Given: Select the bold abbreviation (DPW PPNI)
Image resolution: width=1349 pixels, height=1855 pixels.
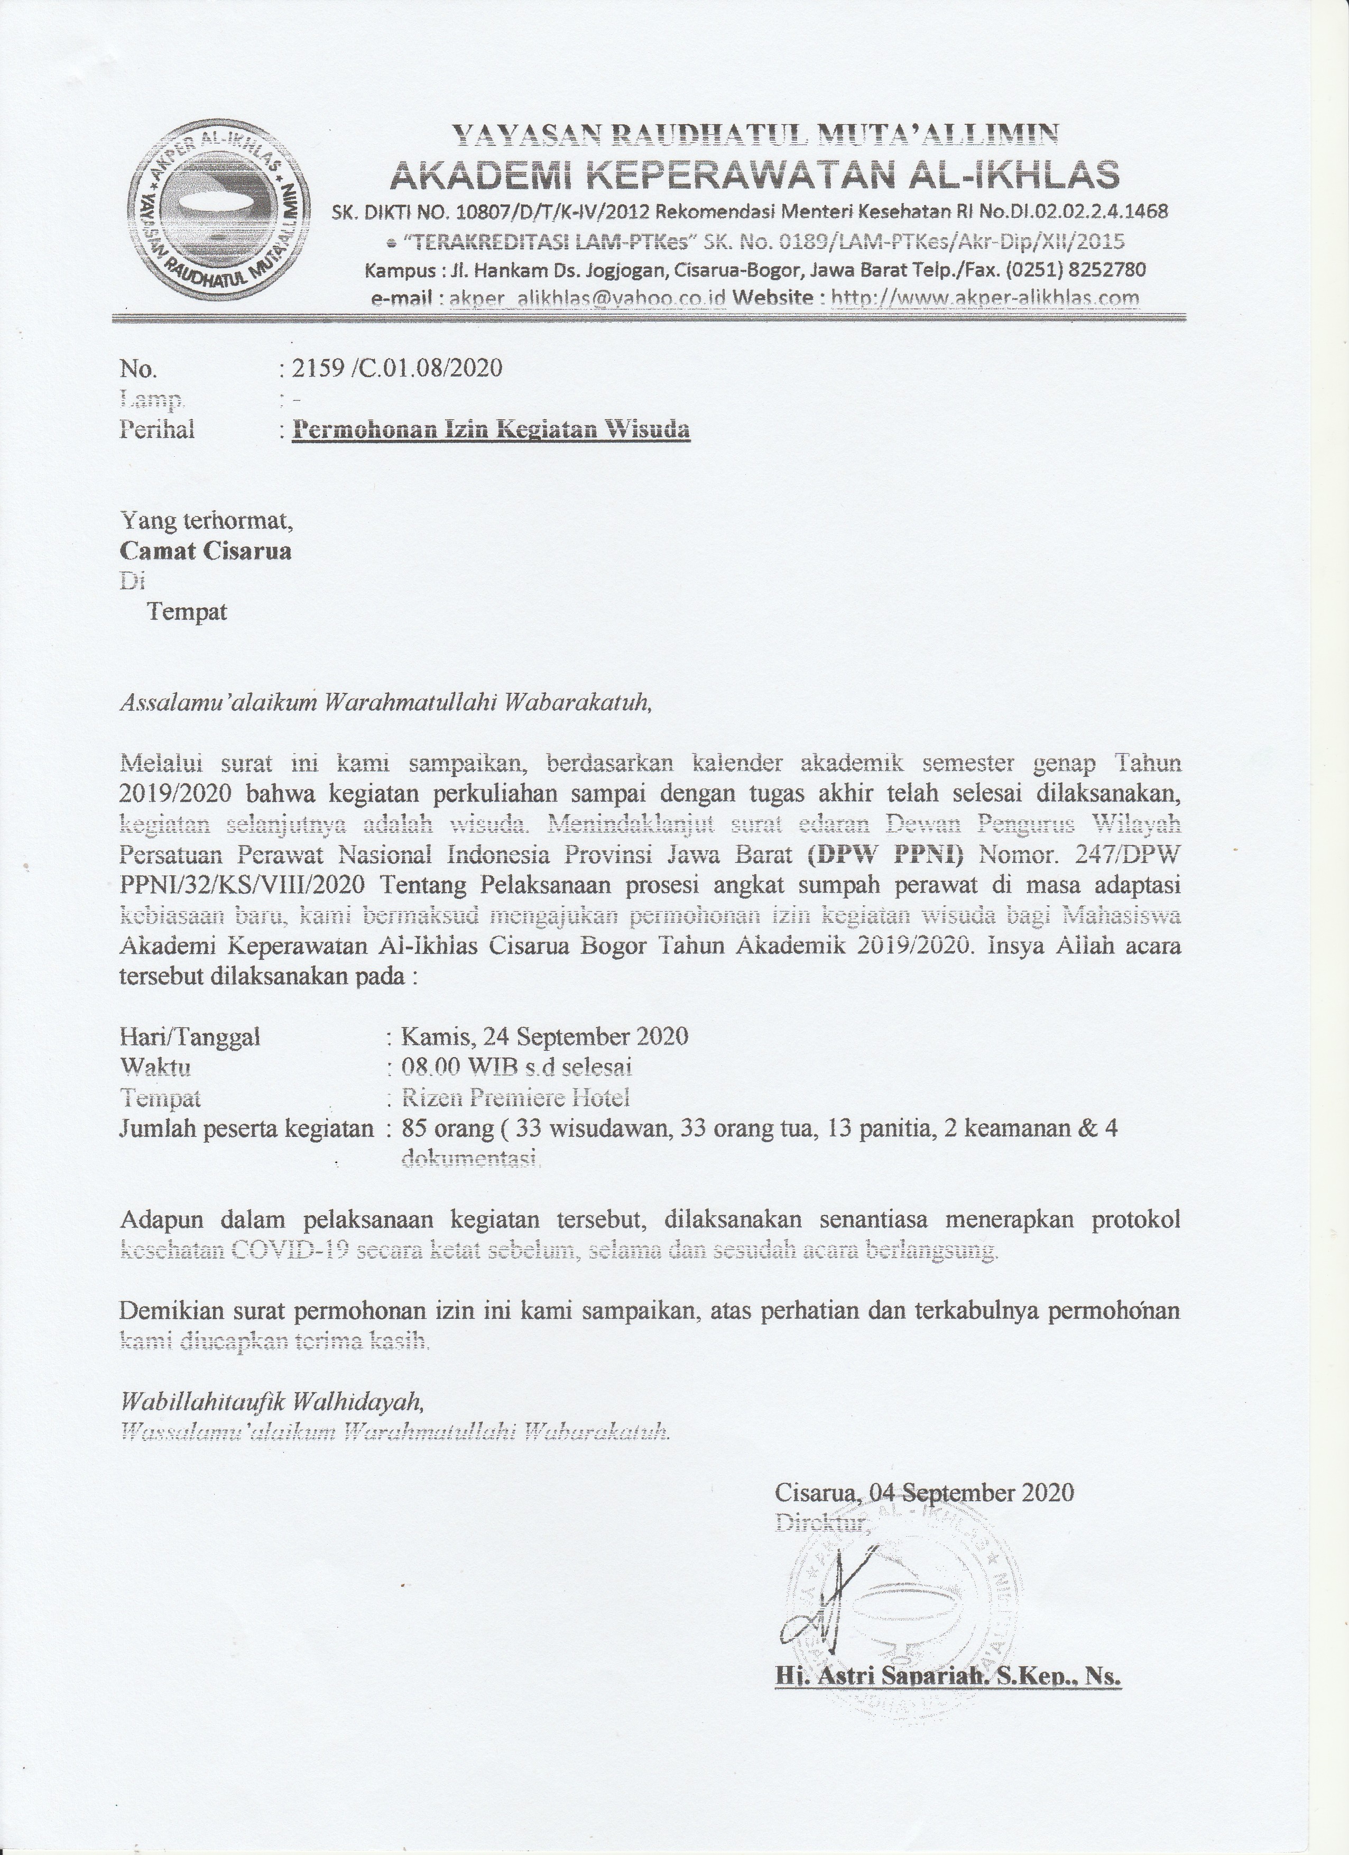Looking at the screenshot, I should (x=885, y=855).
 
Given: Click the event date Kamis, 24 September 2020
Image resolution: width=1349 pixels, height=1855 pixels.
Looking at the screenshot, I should (x=544, y=1037).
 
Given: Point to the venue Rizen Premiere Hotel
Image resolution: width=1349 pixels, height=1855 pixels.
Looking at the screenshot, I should (x=515, y=1098).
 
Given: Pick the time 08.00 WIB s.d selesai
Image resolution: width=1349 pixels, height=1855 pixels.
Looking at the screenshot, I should (x=516, y=1067).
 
